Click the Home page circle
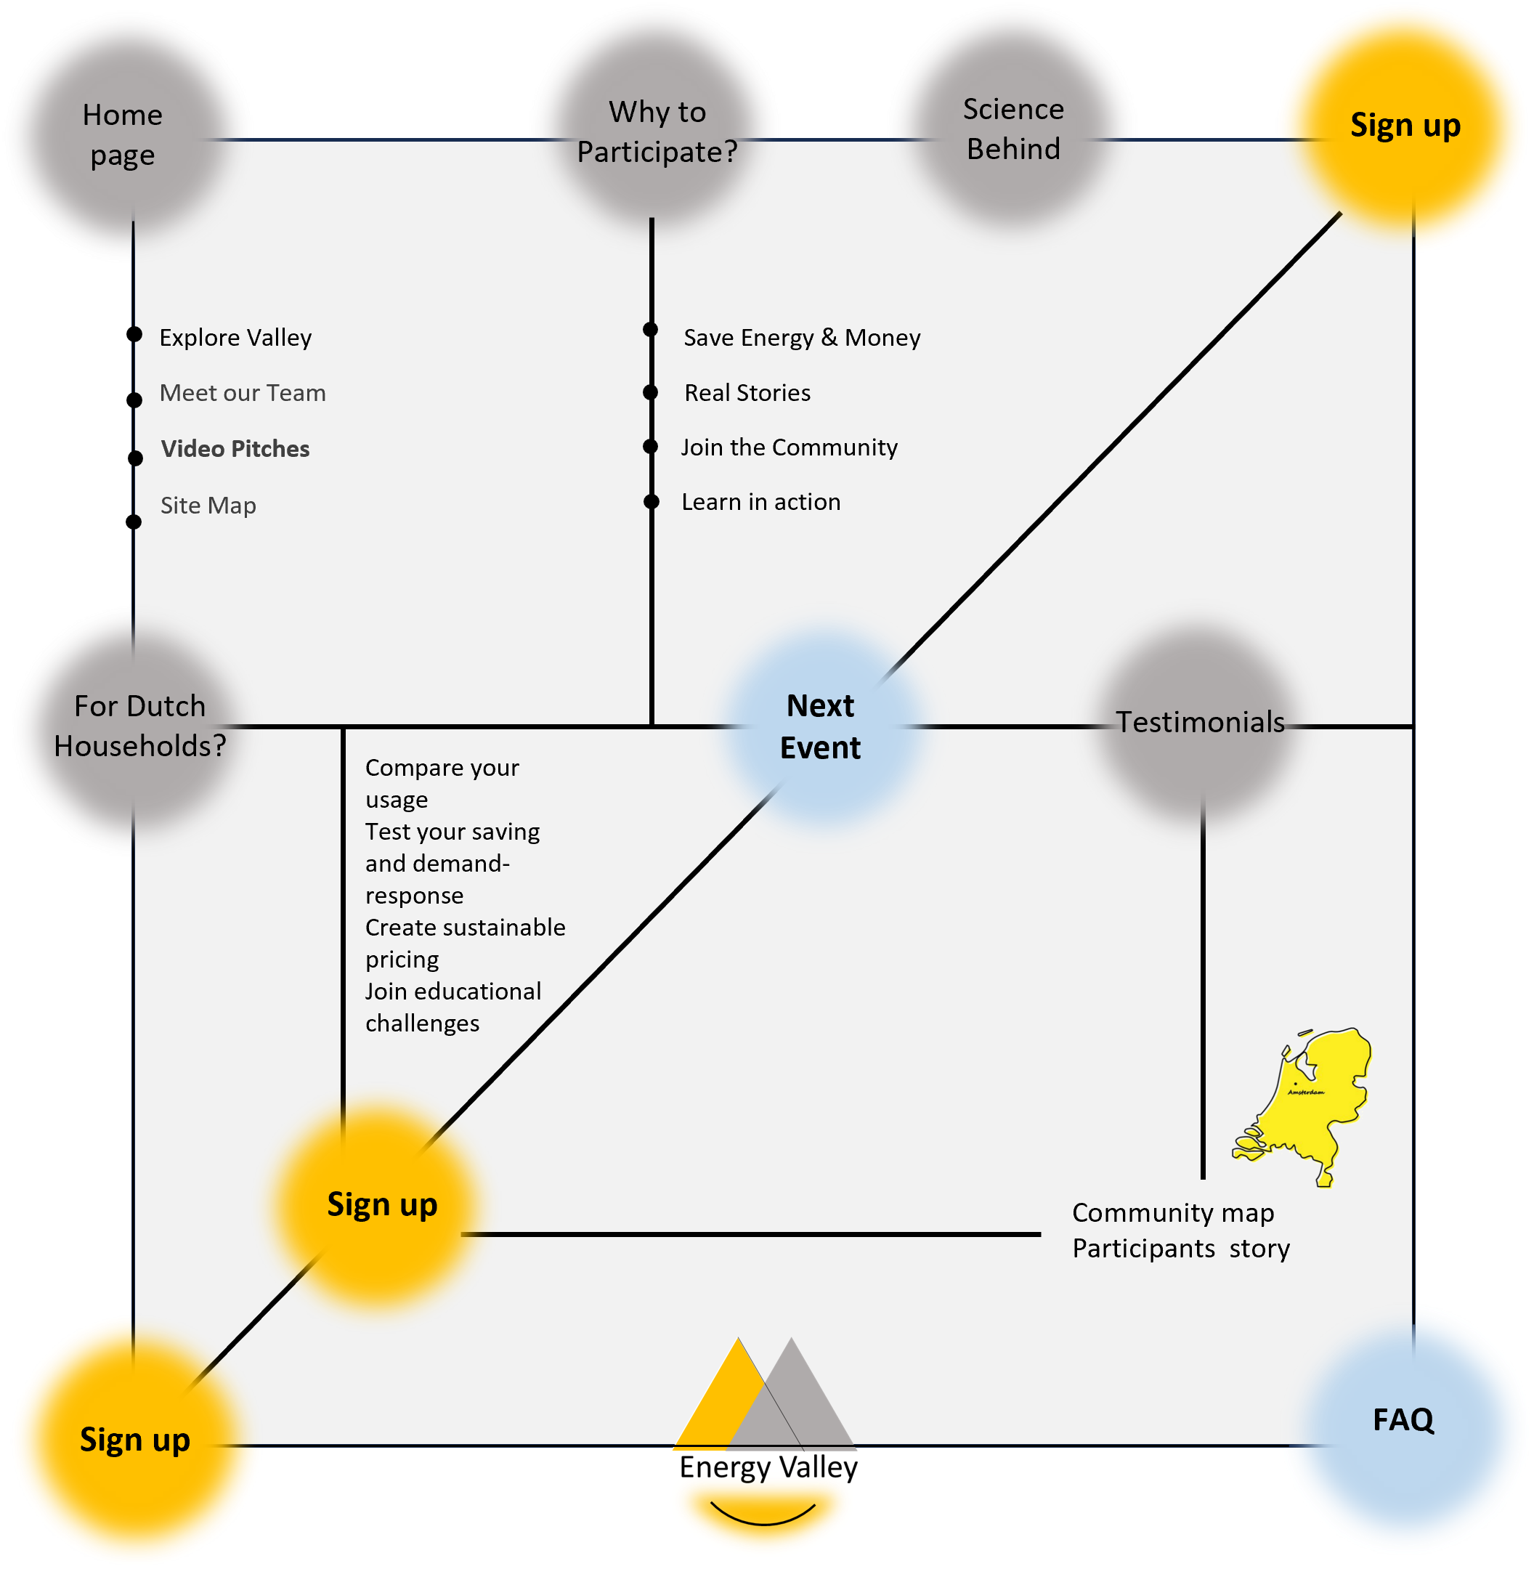click(123, 135)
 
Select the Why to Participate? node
click(657, 131)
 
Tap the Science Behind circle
click(1012, 129)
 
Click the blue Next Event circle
click(820, 727)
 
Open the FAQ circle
click(1403, 1420)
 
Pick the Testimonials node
click(1200, 722)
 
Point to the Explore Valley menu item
click(235, 338)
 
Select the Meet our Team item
click(243, 393)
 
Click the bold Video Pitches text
click(235, 449)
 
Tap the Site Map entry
click(208, 506)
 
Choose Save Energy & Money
click(802, 338)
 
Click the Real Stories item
click(747, 393)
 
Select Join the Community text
click(789, 447)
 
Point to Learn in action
click(760, 502)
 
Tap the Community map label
click(1172, 1213)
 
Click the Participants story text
click(1180, 1248)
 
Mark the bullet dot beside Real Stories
click(651, 392)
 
